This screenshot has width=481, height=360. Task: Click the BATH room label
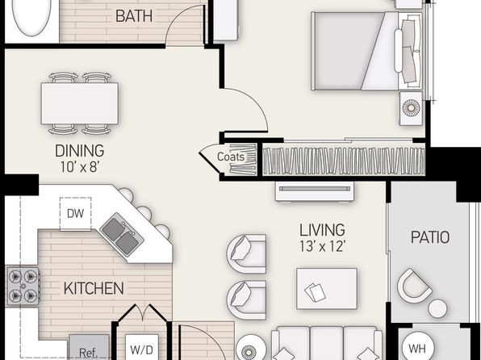(x=134, y=16)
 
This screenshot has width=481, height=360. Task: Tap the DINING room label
(x=79, y=151)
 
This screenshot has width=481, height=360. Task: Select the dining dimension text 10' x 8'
(x=79, y=167)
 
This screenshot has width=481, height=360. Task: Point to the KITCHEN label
(x=94, y=288)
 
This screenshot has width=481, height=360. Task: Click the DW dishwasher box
(x=76, y=214)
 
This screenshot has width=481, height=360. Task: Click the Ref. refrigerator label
(x=88, y=352)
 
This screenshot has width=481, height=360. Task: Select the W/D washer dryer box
(x=142, y=347)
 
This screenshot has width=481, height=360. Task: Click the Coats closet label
(x=231, y=157)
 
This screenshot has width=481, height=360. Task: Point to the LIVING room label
(x=322, y=230)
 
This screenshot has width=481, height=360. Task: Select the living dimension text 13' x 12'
(x=322, y=246)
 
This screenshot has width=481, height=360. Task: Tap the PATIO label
(x=430, y=237)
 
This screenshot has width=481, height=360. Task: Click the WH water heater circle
(x=418, y=348)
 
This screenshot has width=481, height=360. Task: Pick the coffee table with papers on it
(x=327, y=289)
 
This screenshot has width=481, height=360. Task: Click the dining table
(x=80, y=103)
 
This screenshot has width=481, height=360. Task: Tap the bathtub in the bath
(x=31, y=16)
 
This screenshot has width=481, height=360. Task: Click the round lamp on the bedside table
(x=411, y=107)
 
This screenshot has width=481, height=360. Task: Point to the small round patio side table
(x=437, y=308)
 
